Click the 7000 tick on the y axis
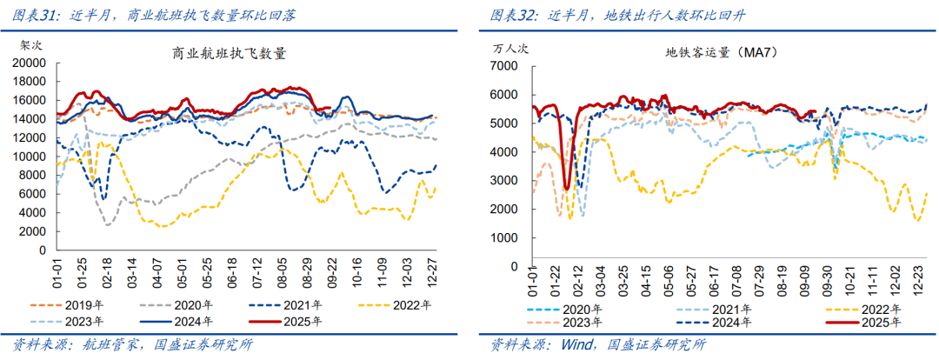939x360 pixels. [503, 66]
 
